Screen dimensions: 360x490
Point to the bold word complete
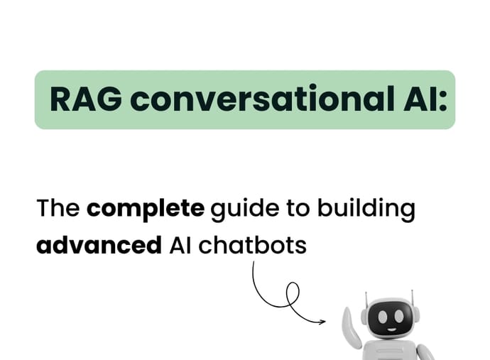pyautogui.click(x=146, y=210)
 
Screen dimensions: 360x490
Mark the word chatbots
pyautogui.click(x=253, y=246)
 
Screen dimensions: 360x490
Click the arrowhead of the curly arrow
pyautogui.click(x=322, y=322)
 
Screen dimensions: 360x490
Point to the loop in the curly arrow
pyautogui.click(x=290, y=292)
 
